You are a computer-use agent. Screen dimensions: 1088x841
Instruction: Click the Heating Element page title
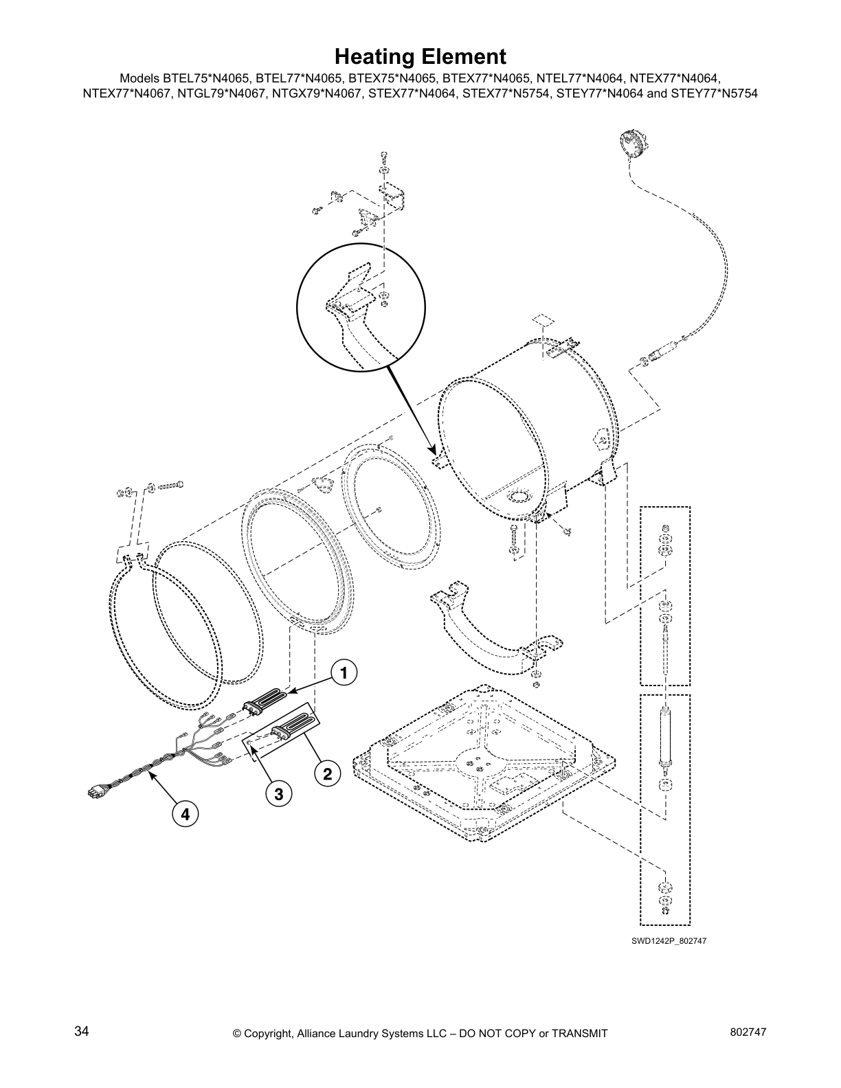pyautogui.click(x=420, y=56)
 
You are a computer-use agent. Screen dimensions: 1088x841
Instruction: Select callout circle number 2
pyautogui.click(x=327, y=774)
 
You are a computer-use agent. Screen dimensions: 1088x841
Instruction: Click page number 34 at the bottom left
pyautogui.click(x=82, y=1031)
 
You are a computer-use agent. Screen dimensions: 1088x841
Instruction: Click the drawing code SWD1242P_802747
pyautogui.click(x=669, y=940)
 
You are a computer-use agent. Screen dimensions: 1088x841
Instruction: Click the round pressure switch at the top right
pyautogui.click(x=630, y=144)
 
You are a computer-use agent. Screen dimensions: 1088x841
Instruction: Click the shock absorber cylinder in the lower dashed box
pyautogui.click(x=665, y=737)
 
